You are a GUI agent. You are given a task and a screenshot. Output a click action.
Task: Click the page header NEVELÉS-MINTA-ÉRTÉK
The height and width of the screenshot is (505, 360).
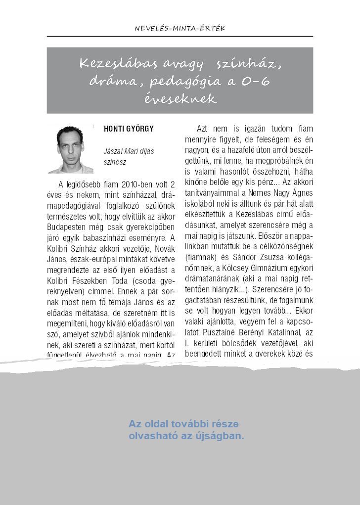pyautogui.click(x=180, y=28)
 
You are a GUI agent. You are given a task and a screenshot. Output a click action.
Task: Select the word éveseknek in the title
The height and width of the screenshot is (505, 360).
pyautogui.click(x=180, y=98)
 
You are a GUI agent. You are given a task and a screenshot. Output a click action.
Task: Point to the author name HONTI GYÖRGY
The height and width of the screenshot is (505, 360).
pyautogui.click(x=129, y=129)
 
